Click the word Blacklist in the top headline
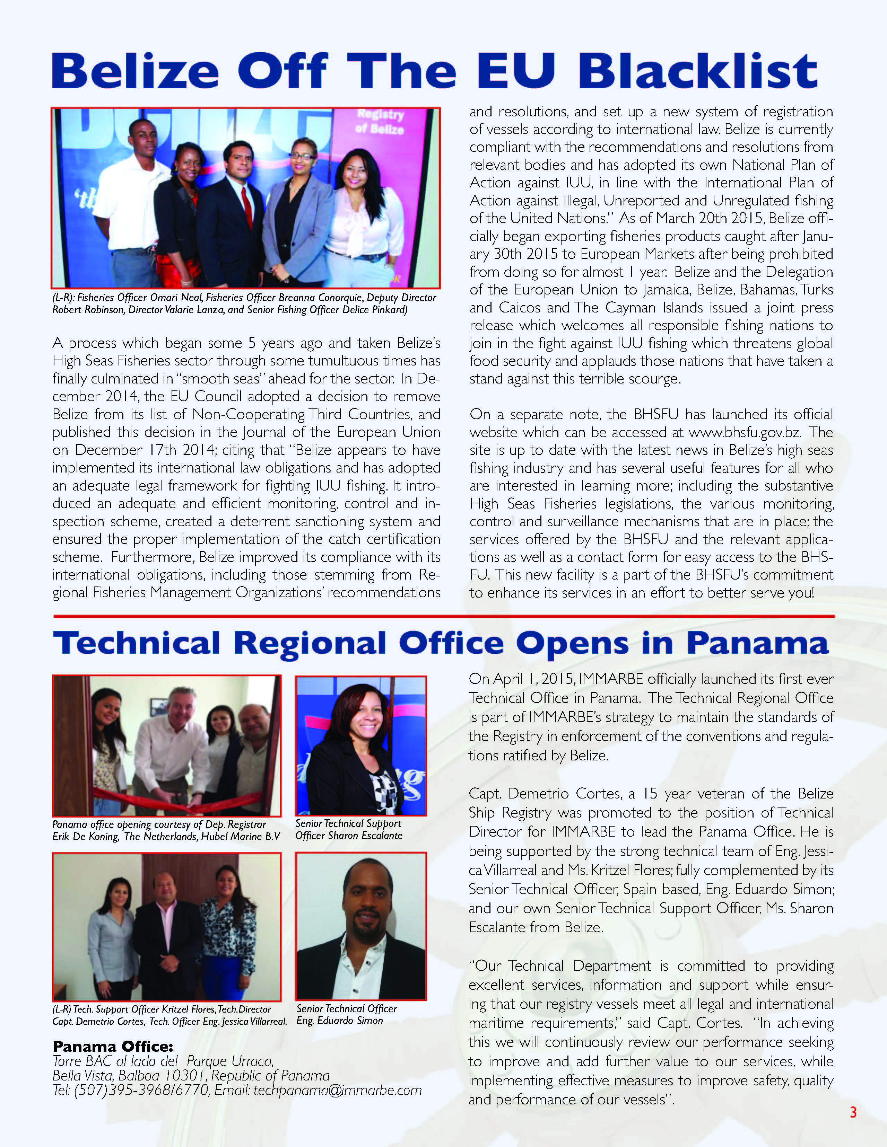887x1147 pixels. (x=698, y=71)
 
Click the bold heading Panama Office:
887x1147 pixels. (x=112, y=1046)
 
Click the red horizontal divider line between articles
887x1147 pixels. (x=444, y=616)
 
